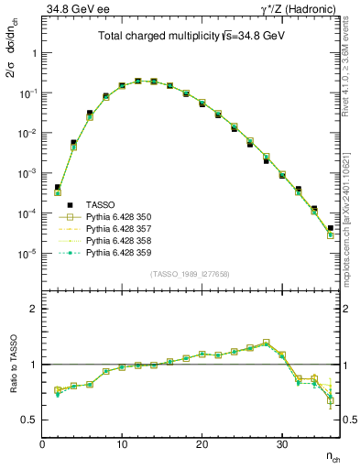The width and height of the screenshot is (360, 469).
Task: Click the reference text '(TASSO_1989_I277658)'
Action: pos(190,274)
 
